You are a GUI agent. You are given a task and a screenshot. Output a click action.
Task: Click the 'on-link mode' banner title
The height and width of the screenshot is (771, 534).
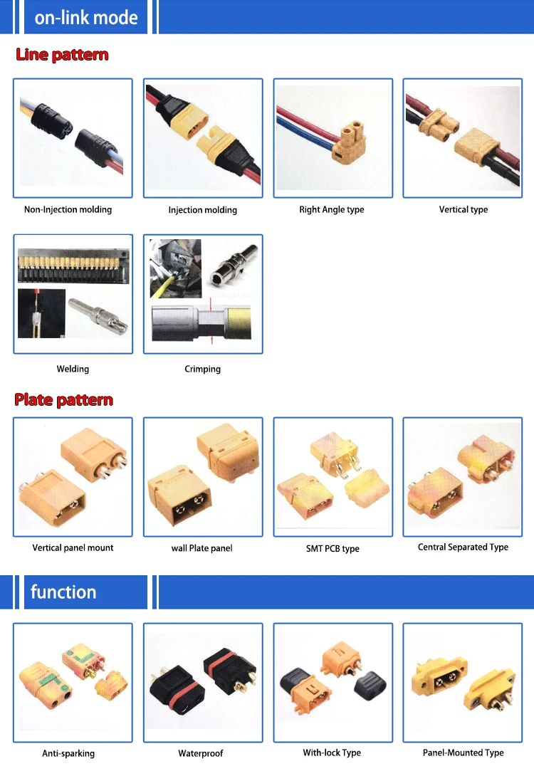[86, 17]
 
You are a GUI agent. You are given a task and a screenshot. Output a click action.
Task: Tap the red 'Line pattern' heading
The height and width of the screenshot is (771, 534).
[62, 55]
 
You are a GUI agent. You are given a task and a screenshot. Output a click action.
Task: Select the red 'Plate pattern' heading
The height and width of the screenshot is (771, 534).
[63, 400]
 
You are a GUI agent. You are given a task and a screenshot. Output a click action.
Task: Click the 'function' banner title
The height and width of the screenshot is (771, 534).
[63, 592]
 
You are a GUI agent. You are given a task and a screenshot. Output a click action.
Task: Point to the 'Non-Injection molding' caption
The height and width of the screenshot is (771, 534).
[68, 209]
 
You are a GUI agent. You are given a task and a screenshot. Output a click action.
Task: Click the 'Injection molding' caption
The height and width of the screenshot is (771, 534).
[202, 210]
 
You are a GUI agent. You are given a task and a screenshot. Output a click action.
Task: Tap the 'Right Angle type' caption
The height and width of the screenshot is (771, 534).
[332, 209]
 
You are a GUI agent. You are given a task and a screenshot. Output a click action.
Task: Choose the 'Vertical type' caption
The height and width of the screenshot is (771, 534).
[463, 209]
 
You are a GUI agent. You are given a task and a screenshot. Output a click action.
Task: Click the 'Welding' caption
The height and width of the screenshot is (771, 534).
[73, 369]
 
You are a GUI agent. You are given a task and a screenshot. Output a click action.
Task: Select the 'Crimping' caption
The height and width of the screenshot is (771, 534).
[202, 369]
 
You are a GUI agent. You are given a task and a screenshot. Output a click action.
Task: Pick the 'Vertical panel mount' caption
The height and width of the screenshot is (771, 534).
[73, 547]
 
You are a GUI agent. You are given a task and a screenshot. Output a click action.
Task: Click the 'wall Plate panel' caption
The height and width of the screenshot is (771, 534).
[202, 548]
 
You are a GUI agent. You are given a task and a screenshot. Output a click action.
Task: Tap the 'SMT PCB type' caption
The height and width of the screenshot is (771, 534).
[332, 548]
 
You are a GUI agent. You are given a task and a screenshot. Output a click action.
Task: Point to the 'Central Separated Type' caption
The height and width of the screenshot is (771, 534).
[463, 547]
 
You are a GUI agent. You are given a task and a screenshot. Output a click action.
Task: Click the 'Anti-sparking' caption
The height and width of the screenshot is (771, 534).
[68, 753]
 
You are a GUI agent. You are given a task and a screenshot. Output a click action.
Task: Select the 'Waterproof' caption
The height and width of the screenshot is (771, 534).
[201, 753]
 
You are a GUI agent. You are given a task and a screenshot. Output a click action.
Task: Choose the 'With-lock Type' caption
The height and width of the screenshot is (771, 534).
[332, 752]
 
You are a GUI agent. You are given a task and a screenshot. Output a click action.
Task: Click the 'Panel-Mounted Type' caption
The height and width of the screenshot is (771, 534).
[463, 752]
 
